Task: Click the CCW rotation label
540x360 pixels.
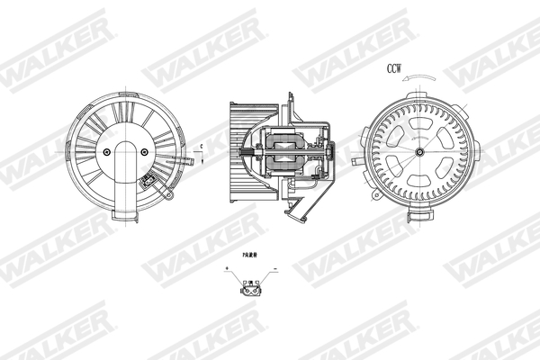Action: pos(395,67)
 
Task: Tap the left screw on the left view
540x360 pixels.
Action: pos(108,152)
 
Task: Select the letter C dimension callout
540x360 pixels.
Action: pos(202,147)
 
